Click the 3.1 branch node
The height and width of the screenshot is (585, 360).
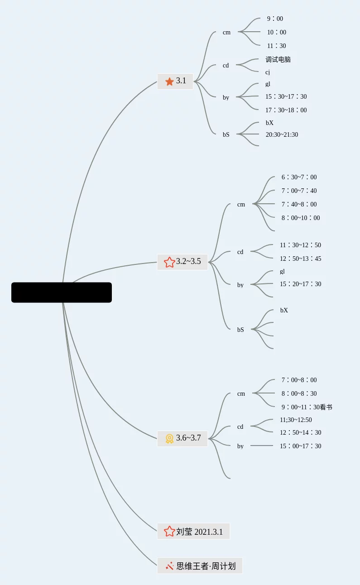pos(175,82)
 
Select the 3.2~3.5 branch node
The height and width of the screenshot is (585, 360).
pos(182,262)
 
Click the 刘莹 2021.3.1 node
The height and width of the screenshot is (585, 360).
pos(193,532)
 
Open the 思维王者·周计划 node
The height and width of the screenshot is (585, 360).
pos(200,566)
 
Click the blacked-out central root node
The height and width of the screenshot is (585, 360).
pos(62,292)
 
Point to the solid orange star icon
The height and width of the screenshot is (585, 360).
pos(169,82)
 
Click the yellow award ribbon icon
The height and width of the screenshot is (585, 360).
pos(169,439)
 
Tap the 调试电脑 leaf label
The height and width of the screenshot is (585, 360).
pos(278,59)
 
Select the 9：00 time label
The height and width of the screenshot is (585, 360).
pos(275,19)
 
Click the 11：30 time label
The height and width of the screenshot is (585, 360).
pos(276,46)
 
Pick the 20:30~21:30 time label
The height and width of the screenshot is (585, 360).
pos(282,134)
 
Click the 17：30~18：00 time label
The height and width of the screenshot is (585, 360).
pos(286,110)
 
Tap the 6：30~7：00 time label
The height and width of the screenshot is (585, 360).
pos(299,177)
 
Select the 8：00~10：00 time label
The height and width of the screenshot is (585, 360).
pos(300,218)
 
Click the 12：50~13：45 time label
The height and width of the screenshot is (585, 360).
pos(300,259)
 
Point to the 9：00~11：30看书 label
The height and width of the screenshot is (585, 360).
pos(307,407)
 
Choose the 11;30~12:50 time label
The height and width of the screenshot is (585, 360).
pos(296,420)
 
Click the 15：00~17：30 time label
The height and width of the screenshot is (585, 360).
pos(300,446)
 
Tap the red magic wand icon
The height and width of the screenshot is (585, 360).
pos(170,566)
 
